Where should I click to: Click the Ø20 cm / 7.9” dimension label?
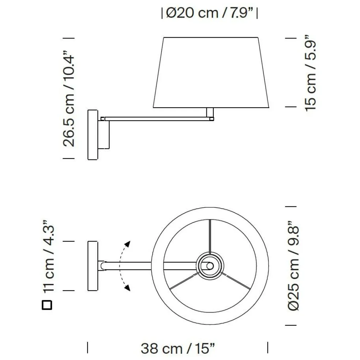pos(209,13)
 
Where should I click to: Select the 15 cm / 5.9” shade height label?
pos(310,73)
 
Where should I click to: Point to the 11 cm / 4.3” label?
pos(49,256)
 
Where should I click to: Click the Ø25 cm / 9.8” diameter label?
pos(293,266)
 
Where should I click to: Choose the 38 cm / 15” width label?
pos(178,349)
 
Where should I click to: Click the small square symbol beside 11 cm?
pos(47,305)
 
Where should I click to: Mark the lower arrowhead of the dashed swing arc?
pos(127,288)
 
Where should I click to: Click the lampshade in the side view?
pos(211,72)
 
